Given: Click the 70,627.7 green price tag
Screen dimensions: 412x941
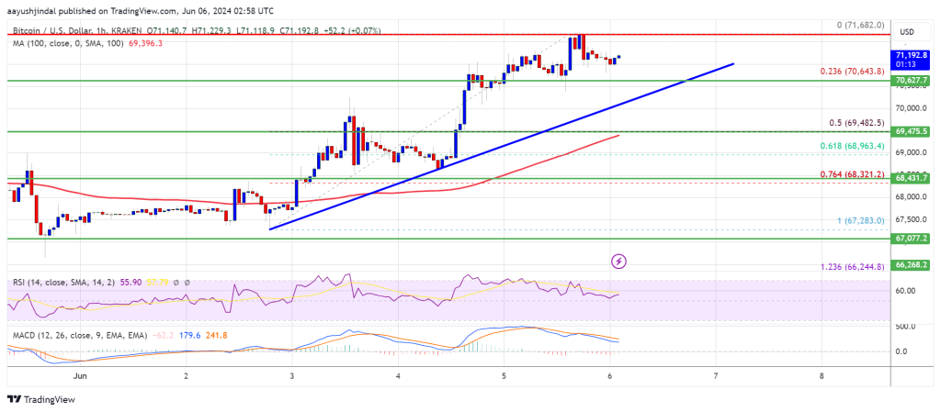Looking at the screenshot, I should [914, 81].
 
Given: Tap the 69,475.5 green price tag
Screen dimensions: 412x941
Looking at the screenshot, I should [914, 132].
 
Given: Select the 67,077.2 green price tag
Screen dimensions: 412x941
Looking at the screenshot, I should [914, 238].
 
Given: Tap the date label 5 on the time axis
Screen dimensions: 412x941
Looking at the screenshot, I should [504, 376].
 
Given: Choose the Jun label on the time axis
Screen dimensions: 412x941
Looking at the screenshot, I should [80, 376].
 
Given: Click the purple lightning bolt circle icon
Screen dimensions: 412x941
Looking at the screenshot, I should [619, 262].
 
